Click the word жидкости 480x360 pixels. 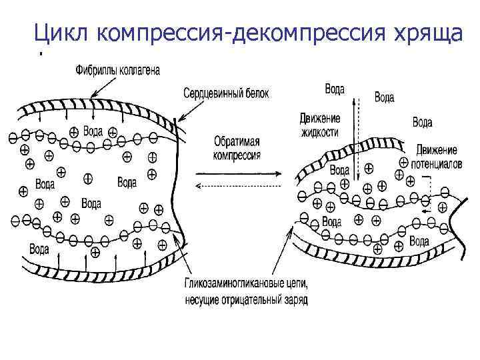(319, 132)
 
